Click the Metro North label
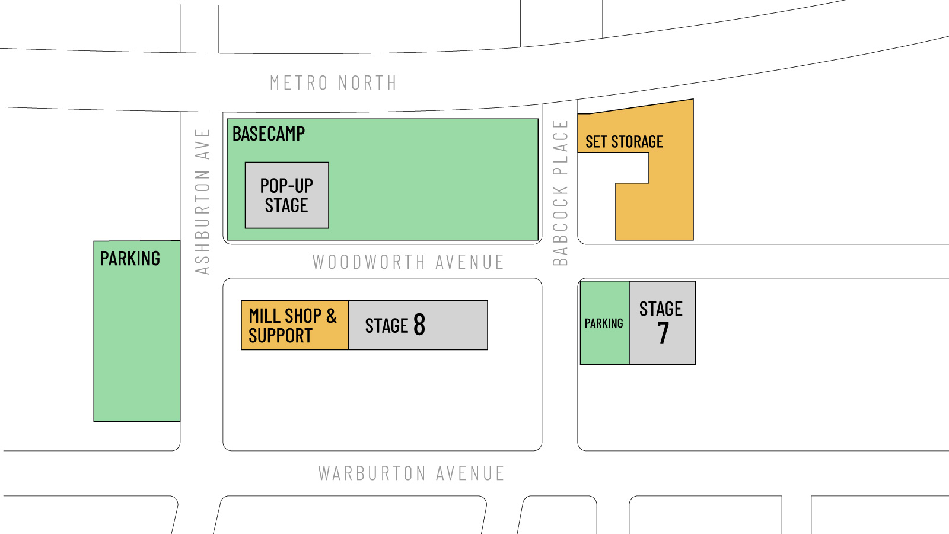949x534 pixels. (x=333, y=83)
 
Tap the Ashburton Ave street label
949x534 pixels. (x=203, y=202)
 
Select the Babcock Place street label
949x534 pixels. (x=561, y=193)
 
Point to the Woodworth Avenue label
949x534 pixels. (x=408, y=262)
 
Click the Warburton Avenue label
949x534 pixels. (x=411, y=473)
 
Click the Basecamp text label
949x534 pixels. (x=269, y=134)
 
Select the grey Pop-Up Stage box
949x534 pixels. (x=287, y=195)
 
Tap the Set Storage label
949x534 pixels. (x=624, y=142)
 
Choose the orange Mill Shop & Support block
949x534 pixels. (x=294, y=325)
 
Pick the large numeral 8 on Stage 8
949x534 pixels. (x=419, y=325)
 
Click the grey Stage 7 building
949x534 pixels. (x=662, y=323)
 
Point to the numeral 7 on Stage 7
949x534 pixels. (x=663, y=333)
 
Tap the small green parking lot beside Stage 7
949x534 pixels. (x=604, y=323)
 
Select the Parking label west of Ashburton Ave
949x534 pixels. (x=130, y=259)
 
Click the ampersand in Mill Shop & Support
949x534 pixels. (x=331, y=316)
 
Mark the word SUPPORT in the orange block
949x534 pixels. (x=280, y=336)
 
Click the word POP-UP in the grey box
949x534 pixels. (x=286, y=186)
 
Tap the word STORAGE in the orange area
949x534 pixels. (x=637, y=142)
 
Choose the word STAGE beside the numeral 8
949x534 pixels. (x=386, y=326)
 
